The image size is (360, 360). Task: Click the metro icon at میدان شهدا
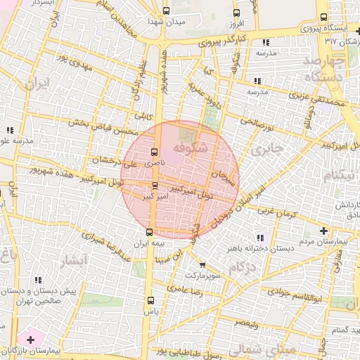click(167, 11)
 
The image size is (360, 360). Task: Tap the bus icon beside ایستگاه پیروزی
click(323, 18)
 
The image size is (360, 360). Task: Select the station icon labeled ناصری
click(154, 153)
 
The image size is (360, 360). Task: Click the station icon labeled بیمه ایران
click(149, 231)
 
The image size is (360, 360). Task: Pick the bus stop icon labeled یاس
click(148, 300)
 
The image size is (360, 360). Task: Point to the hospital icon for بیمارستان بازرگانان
click(30, 340)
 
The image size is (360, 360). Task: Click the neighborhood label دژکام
click(240, 267)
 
